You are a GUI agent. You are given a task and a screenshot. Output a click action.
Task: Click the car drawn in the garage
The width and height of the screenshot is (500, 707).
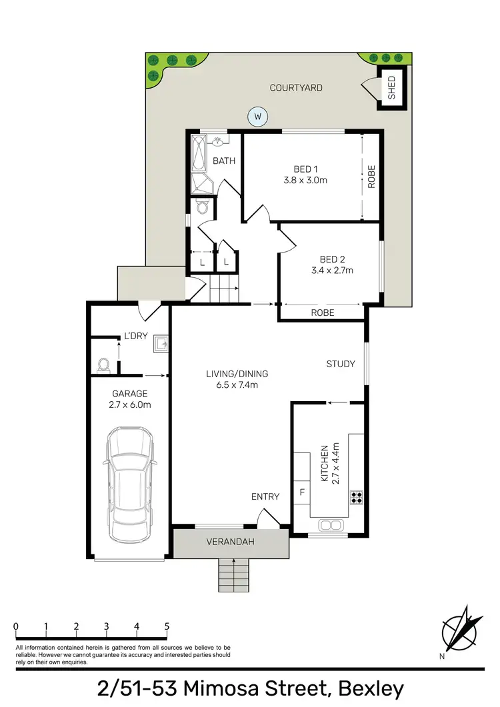131,484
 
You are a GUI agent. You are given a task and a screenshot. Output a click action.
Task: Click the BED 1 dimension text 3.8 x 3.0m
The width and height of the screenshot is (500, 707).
306,180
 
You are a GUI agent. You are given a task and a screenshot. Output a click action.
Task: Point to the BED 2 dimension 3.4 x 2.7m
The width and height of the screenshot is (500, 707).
331,271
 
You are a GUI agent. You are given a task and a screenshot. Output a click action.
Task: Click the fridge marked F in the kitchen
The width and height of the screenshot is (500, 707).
302,493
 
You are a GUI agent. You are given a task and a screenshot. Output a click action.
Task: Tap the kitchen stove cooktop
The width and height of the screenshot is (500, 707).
356,496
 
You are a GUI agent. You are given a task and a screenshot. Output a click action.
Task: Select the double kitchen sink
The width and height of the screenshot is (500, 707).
329,525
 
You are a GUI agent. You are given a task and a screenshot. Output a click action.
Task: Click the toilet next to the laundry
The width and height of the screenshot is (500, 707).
103,365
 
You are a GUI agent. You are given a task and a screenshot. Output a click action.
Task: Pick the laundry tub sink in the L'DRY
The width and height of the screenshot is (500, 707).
160,343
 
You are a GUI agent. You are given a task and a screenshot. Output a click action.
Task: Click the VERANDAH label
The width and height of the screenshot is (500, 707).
231,542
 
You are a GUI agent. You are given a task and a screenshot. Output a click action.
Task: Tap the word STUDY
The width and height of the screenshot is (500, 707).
340,364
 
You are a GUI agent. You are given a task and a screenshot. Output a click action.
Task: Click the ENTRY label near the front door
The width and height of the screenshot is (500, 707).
265,496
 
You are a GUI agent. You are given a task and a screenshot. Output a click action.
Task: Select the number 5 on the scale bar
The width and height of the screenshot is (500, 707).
167,626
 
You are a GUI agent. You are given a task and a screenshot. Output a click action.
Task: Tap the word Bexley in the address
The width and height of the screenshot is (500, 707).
371,688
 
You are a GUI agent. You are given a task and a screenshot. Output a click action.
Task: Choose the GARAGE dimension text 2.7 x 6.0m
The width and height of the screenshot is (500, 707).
130,404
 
